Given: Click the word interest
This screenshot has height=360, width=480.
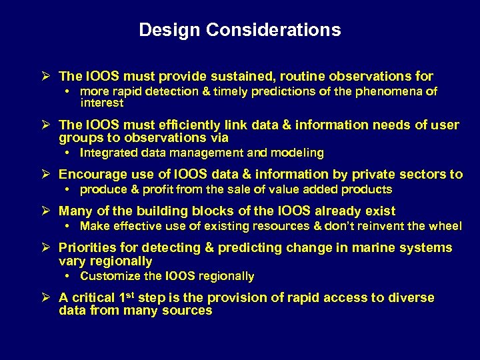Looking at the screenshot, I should point(101,103).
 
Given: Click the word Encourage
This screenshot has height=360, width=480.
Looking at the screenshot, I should point(92,174).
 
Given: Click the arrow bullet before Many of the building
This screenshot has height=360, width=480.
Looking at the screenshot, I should point(49,211).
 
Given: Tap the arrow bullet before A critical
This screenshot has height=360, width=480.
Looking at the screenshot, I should point(49,297).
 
